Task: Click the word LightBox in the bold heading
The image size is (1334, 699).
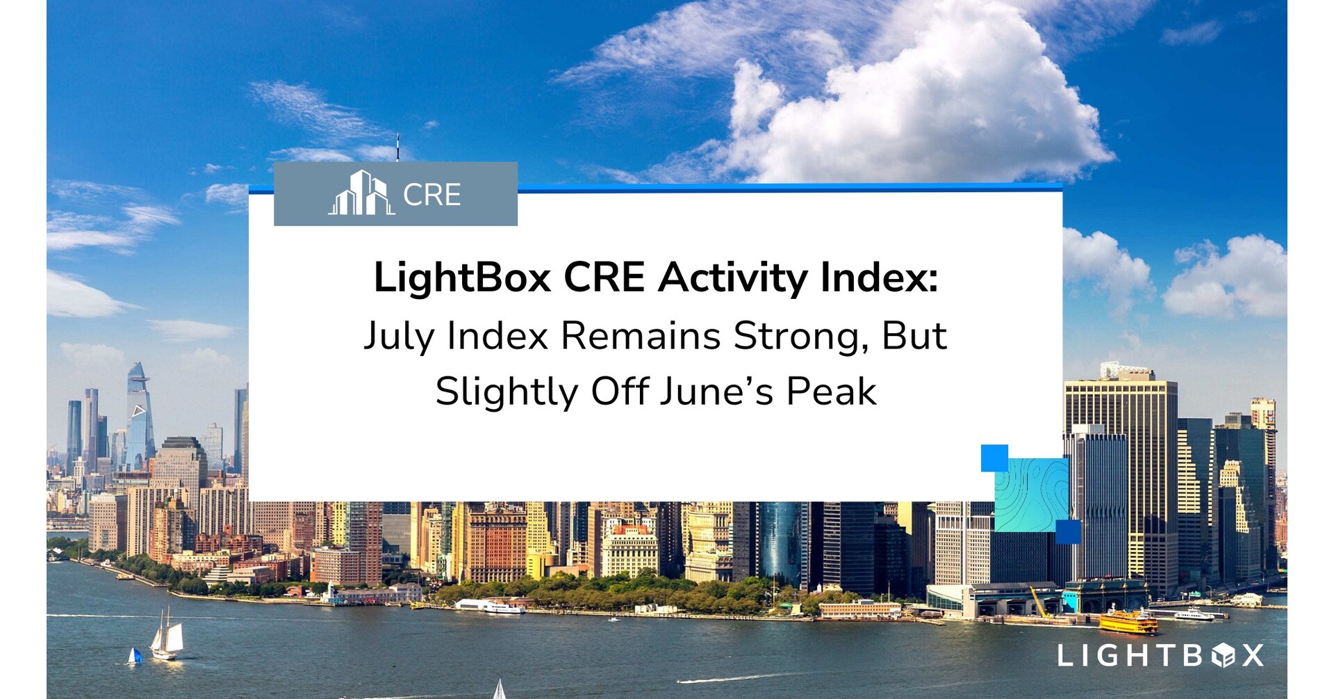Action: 463,278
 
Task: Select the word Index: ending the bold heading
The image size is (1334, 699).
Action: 879,277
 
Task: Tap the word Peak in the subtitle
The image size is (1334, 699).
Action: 831,392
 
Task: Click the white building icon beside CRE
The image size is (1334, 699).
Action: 361,193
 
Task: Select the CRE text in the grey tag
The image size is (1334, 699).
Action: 432,195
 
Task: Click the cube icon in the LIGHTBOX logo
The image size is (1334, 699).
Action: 1223,655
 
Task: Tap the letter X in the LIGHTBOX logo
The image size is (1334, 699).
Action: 1253,655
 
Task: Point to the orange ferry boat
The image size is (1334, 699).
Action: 1128,620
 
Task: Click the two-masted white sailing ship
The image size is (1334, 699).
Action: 166,634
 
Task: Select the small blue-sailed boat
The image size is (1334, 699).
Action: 135,656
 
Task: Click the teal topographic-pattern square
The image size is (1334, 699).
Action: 1032,495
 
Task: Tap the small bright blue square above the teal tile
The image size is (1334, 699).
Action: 994,458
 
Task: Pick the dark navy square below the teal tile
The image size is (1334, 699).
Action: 1068,531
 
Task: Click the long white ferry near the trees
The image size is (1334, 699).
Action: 491,606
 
